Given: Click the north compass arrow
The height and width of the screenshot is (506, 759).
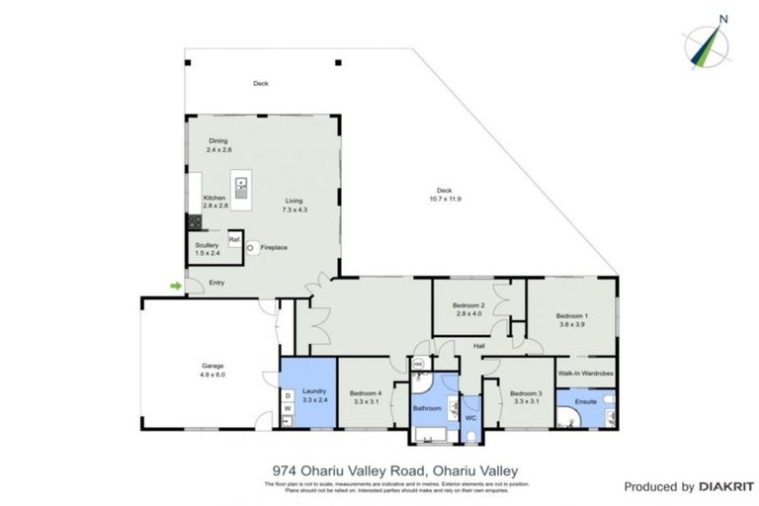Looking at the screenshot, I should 710,42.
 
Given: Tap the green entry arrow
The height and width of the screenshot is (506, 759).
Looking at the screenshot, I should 175,287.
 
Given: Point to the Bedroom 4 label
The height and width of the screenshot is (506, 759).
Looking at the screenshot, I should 367,392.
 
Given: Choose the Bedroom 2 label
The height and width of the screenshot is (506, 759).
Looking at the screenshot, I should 468,306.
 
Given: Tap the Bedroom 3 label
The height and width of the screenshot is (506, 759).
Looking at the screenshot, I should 526,393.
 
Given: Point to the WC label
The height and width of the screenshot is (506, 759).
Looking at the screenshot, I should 470,418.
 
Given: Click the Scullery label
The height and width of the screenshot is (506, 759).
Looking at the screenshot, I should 207,245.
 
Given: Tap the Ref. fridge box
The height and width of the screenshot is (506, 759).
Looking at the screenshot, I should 234,240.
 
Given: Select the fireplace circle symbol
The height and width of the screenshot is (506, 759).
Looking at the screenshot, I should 251,247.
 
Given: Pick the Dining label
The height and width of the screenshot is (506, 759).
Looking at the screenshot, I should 218,141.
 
